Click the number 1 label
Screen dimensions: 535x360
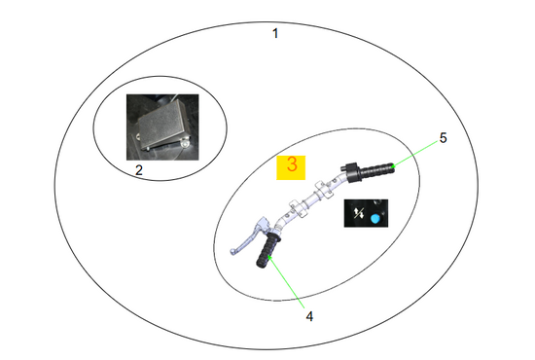tap(275, 33)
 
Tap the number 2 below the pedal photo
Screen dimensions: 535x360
tap(139, 170)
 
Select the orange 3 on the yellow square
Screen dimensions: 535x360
tap(292, 164)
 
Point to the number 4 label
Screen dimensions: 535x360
tap(309, 316)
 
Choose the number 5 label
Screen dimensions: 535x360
tap(443, 138)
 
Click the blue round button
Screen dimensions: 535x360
tap(375, 218)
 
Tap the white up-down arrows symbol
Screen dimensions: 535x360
tap(359, 214)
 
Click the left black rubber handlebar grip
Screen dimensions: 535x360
tap(267, 250)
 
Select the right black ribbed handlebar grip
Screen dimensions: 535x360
tap(377, 169)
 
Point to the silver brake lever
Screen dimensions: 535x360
tap(247, 238)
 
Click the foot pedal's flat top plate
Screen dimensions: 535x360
tap(163, 124)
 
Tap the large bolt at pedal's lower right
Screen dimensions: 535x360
tap(185, 143)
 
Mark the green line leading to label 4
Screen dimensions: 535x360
tap(286, 282)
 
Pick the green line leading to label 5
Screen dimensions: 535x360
tap(415, 153)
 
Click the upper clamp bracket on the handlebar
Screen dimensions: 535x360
tap(323, 190)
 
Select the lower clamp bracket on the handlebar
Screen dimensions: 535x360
tap(298, 209)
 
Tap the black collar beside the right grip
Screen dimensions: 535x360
tap(351, 172)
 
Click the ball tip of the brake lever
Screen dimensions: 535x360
tap(232, 252)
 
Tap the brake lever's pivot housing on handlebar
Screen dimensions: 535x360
tap(264, 224)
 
